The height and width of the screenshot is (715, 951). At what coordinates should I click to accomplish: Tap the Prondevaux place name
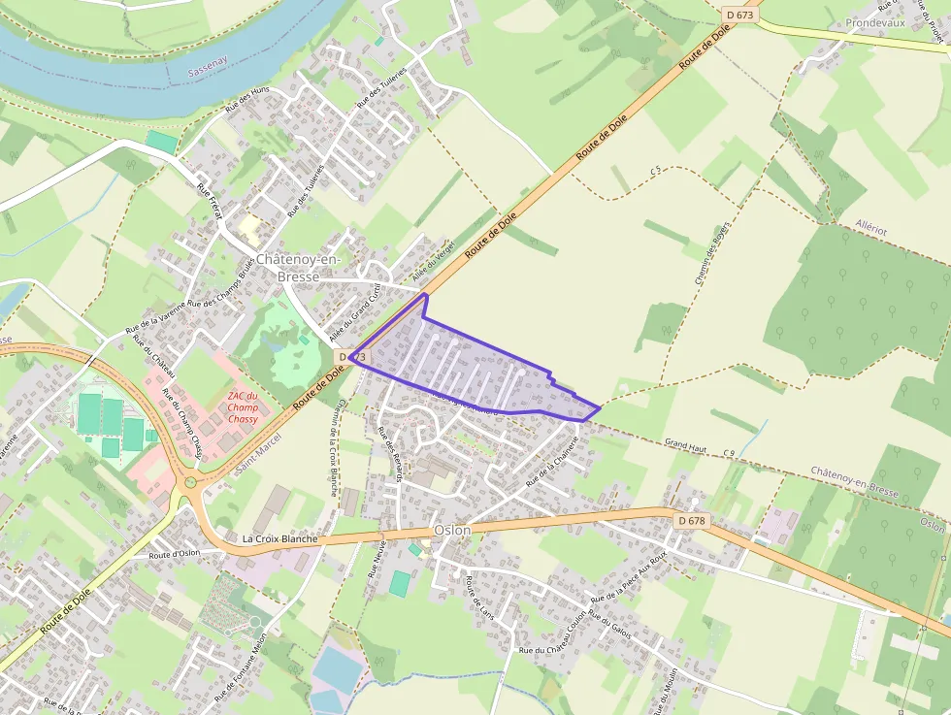point(875,22)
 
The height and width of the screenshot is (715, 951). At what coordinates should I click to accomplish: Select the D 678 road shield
point(692,521)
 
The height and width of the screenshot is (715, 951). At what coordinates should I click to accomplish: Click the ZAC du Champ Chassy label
point(243,407)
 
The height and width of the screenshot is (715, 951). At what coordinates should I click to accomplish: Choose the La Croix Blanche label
point(279,538)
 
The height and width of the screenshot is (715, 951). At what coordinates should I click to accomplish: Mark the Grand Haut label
point(685,445)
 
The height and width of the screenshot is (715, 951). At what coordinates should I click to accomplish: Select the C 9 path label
point(728,453)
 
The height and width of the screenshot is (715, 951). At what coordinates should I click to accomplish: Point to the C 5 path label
point(656,171)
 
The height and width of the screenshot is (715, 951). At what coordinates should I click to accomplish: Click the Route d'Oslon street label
point(174,554)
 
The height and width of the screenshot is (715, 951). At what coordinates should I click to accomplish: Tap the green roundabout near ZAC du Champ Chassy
point(190,481)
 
